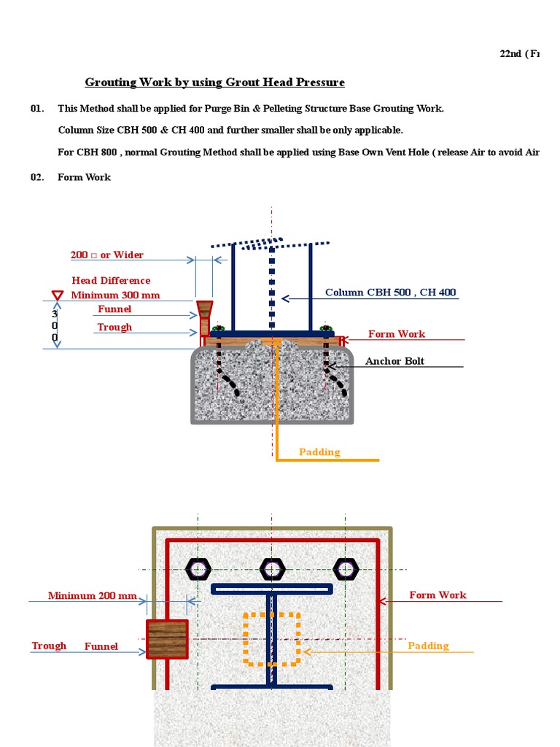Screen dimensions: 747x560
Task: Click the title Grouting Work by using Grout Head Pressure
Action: [214, 82]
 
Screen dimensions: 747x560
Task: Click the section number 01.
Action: [37, 109]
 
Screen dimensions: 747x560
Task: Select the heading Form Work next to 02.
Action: [84, 177]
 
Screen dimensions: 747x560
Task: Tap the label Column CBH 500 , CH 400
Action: [390, 293]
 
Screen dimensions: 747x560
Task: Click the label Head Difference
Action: [111, 281]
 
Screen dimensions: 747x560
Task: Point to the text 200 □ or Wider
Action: [106, 255]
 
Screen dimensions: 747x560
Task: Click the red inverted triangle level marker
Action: [58, 295]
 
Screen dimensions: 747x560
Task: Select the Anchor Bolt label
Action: [394, 361]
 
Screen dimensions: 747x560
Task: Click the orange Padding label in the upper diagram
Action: [319, 452]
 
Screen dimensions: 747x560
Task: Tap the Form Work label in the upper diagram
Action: [397, 334]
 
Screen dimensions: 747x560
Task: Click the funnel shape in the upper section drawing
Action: [205, 309]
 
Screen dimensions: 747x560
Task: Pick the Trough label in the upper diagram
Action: [114, 328]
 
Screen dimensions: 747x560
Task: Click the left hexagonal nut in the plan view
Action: [198, 568]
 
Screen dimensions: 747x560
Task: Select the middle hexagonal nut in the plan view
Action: [272, 568]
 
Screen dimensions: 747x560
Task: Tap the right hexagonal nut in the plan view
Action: [346, 568]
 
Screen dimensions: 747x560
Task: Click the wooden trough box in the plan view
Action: [167, 639]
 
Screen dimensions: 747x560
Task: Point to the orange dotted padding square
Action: [271, 639]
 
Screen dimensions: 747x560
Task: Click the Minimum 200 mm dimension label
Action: [92, 596]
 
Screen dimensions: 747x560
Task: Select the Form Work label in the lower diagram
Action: [437, 595]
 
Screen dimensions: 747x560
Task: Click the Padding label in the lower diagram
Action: [428, 646]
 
